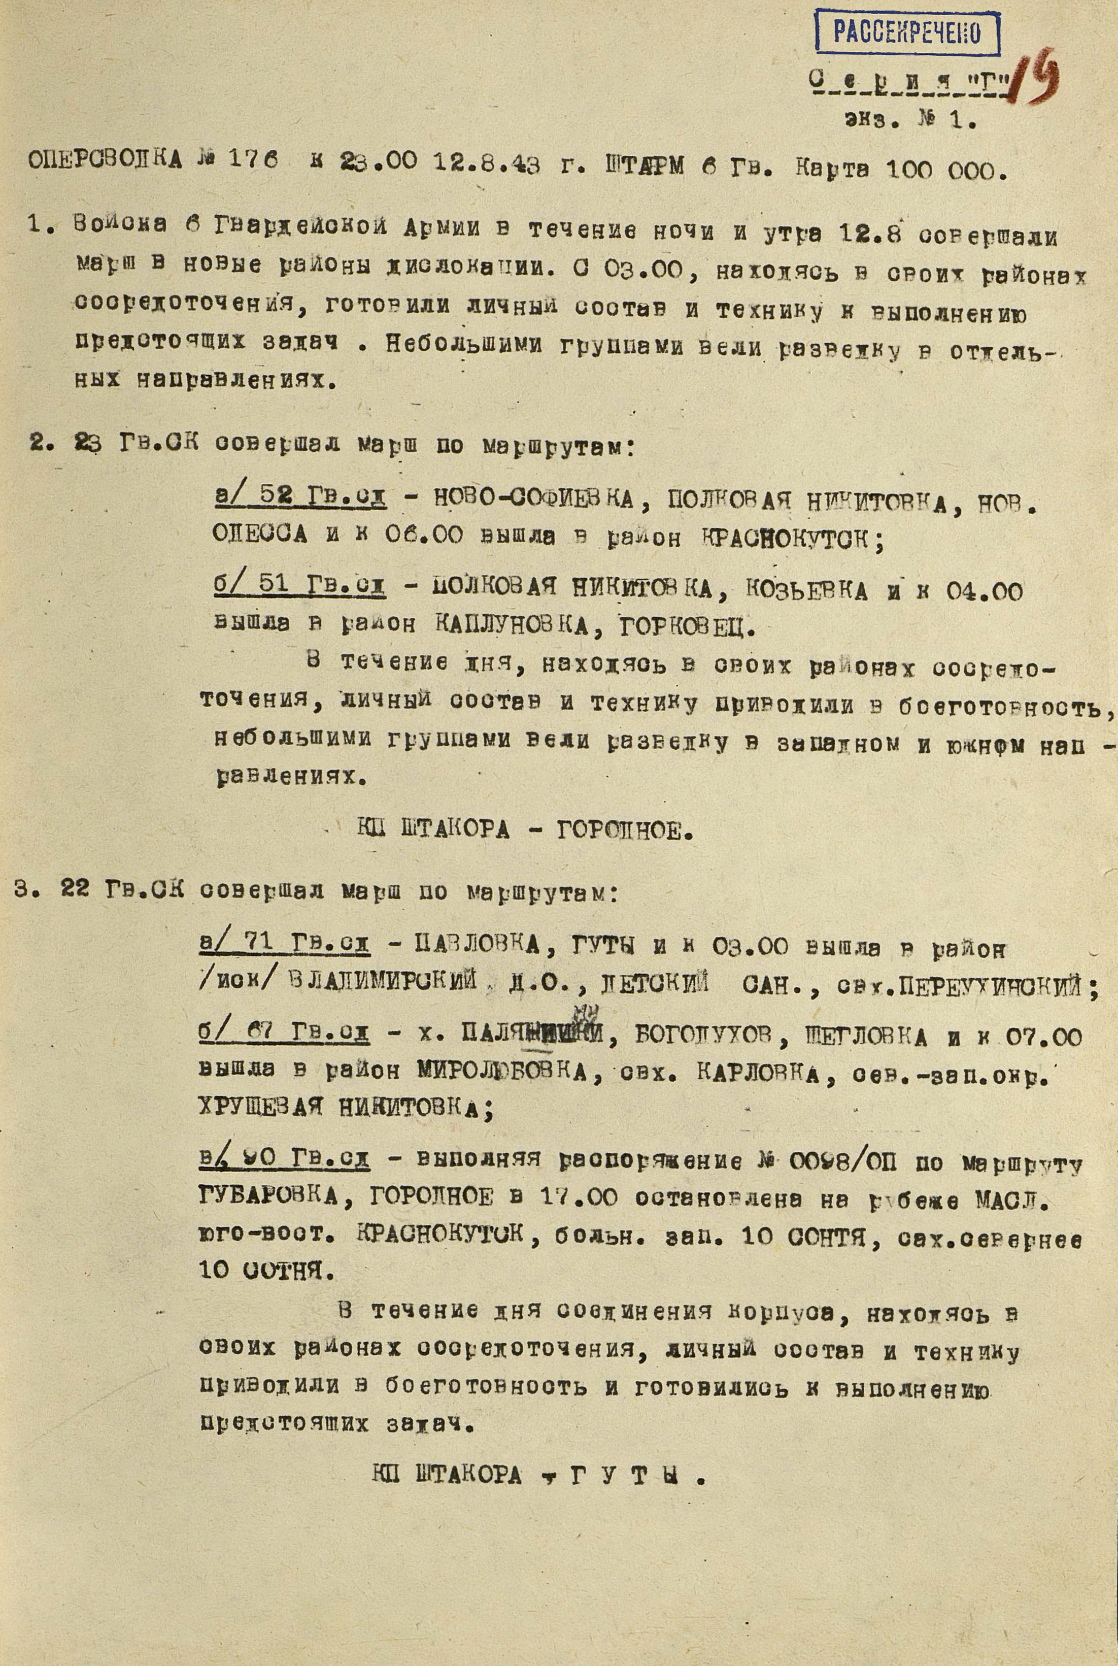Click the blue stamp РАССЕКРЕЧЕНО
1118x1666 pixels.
907,31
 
